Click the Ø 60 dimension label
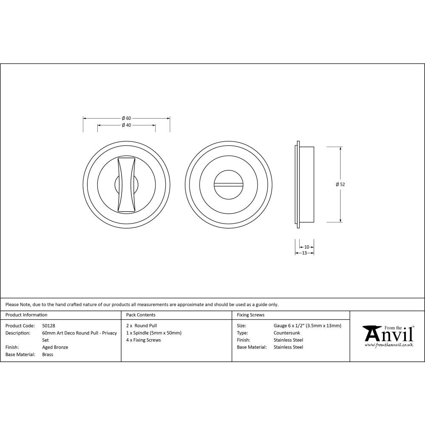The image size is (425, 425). point(126,118)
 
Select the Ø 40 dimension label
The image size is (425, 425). point(126,125)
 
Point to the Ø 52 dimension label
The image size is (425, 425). point(340,184)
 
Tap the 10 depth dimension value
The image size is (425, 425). point(306,247)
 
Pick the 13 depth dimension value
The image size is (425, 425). point(304,253)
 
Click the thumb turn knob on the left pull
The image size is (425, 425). point(127,184)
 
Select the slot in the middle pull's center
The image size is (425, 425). point(227,184)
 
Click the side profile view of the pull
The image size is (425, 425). point(305,184)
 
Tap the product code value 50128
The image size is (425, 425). point(49,326)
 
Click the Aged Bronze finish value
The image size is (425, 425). point(55,347)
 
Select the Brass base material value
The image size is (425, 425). point(48,354)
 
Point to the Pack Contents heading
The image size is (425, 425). point(141,315)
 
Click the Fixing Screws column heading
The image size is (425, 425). point(250,315)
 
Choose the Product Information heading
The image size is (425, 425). point(26,315)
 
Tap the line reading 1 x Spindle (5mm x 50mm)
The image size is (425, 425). point(154,333)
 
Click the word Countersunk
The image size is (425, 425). point(286,333)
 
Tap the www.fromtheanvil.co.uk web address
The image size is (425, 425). point(388,345)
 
